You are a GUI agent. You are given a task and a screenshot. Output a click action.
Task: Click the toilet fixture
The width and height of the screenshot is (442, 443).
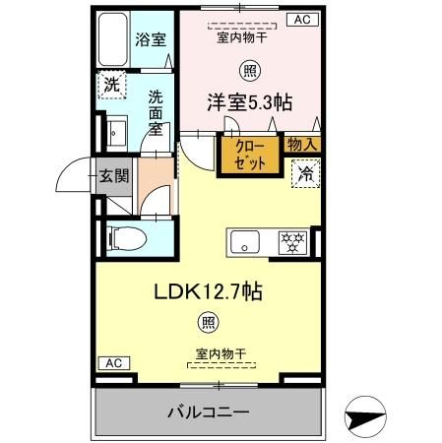120,237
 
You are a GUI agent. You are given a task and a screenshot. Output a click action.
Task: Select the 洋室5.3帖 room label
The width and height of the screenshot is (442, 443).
249,102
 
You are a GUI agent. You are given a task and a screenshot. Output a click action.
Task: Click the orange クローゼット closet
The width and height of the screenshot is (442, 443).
249,157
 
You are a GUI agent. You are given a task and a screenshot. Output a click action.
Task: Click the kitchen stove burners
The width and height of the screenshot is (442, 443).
292,239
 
